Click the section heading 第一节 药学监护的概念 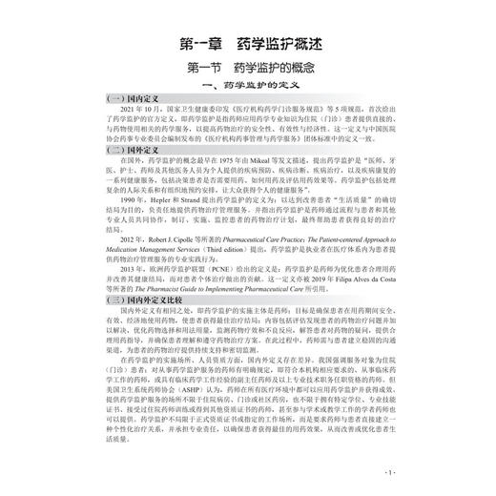point(247,70)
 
